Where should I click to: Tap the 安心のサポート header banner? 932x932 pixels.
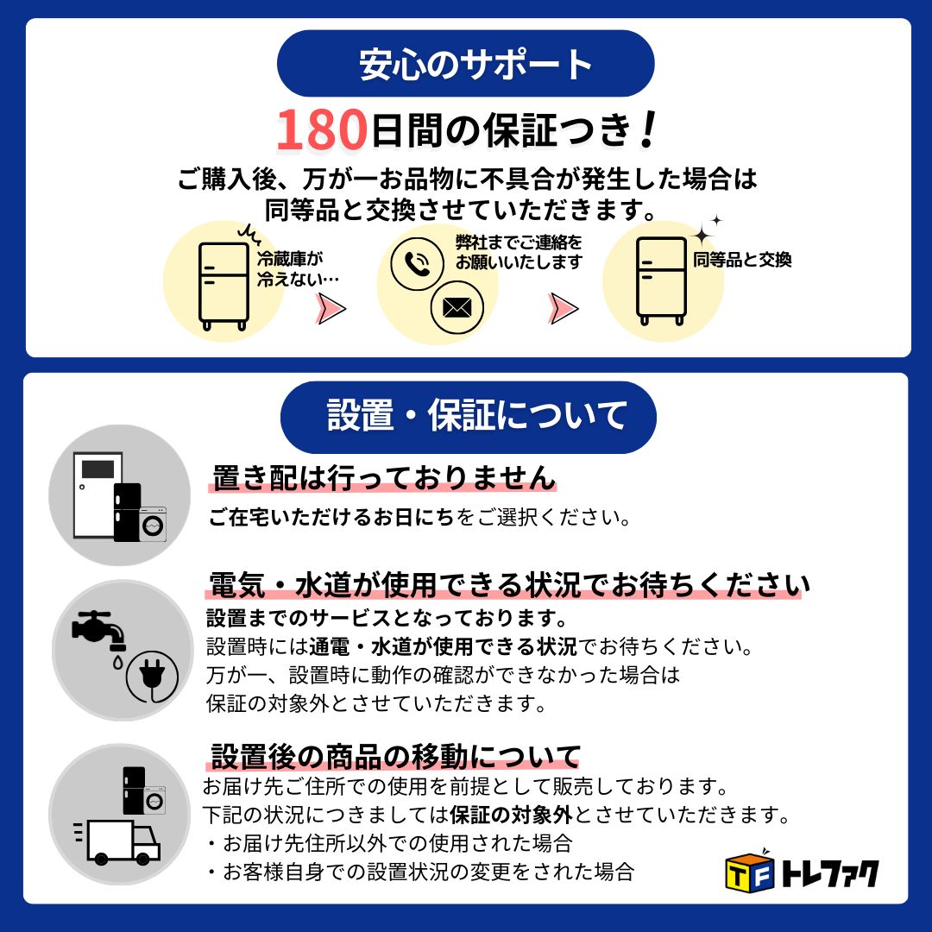pyautogui.click(x=465, y=64)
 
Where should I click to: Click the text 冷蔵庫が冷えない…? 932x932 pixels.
pyautogui.click(x=296, y=268)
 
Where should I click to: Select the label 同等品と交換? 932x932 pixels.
pyautogui.click(x=742, y=260)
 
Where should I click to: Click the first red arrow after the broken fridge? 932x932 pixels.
pyautogui.click(x=331, y=308)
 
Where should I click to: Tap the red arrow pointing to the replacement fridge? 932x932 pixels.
pyautogui.click(x=564, y=308)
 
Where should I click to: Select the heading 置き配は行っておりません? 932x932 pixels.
pyautogui.click(x=384, y=477)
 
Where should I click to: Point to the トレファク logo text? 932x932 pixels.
pyautogui.click(x=828, y=873)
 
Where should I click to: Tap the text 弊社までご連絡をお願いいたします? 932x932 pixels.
pyautogui.click(x=519, y=252)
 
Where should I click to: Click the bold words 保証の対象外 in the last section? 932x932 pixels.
pyautogui.click(x=510, y=814)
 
